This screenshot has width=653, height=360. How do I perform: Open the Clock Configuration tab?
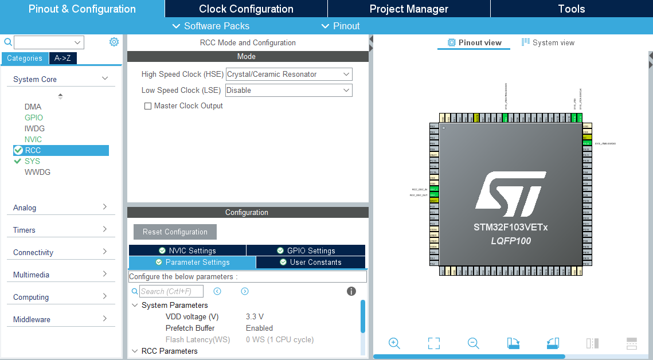(246, 9)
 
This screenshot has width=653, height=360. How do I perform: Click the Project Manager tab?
(409, 9)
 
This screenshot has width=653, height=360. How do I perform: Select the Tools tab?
(571, 9)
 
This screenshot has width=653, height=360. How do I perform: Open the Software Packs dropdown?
(211, 26)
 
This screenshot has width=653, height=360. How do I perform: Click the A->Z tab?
(63, 58)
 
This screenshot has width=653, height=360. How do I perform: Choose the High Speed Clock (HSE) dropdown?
(289, 74)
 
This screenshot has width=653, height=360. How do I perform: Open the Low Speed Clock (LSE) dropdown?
(289, 90)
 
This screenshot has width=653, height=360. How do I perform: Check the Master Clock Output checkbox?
(148, 106)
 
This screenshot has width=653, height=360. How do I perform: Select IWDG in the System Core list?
(34, 128)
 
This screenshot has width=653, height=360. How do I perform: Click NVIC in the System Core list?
(33, 139)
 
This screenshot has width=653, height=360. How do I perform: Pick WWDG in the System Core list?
(37, 172)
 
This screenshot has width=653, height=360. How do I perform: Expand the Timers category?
(60, 230)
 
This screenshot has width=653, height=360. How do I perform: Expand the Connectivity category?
(60, 252)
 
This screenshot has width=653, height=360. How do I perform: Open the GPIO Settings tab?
(306, 251)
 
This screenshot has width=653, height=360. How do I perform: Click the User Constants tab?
(310, 262)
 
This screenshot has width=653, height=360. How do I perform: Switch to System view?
(548, 42)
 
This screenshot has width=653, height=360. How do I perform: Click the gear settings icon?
(114, 42)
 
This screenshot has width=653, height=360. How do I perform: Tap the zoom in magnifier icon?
(394, 343)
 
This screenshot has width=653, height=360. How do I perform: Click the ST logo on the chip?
(510, 191)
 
